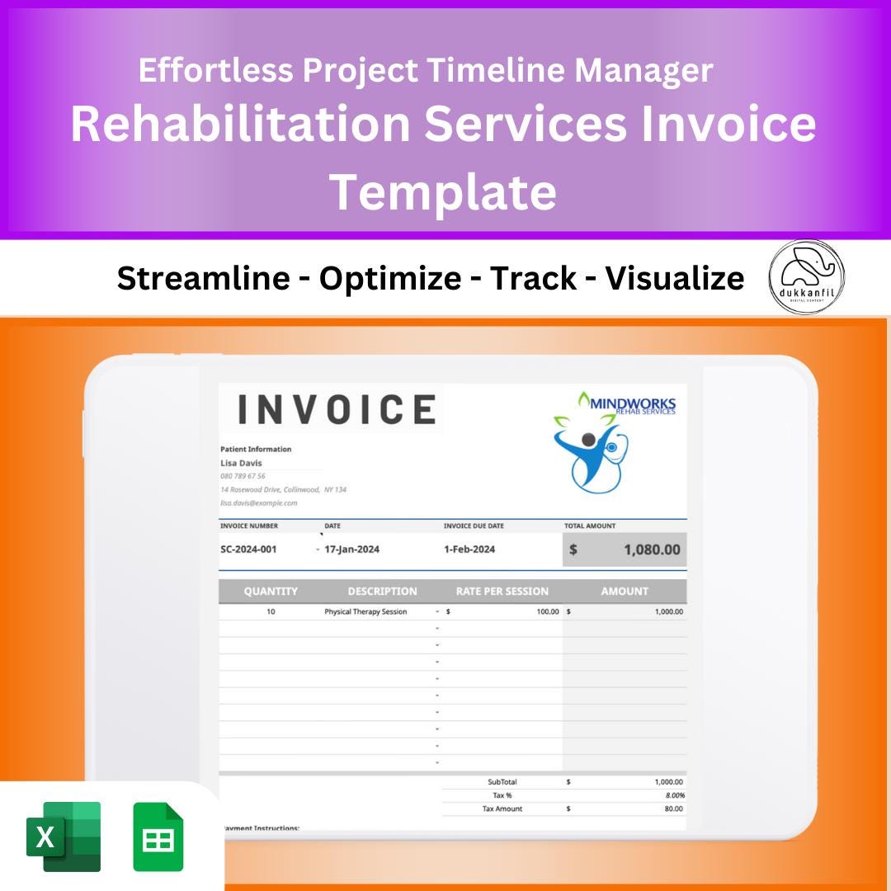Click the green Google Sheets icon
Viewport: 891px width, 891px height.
[158, 837]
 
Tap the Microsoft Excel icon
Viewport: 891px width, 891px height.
[64, 837]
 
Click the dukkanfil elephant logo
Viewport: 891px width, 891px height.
[806, 277]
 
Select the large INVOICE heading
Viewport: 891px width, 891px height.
[337, 409]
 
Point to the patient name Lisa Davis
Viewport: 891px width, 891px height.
[241, 463]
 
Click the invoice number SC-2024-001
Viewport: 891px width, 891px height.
[248, 549]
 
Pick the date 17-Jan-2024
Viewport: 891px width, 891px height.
[352, 549]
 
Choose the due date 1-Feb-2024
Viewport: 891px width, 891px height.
[469, 549]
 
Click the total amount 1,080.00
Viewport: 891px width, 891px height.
[652, 549]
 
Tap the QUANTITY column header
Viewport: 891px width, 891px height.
[271, 591]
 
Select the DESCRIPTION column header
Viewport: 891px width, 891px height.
[382, 591]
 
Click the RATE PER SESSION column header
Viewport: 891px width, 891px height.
[502, 591]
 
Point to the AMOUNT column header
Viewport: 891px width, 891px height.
[625, 591]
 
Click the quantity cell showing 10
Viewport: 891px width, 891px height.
[271, 612]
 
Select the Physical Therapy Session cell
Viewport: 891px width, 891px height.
[365, 612]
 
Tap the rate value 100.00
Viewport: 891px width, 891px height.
[547, 612]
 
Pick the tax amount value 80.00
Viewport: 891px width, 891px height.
[673, 808]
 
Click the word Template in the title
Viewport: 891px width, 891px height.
[443, 191]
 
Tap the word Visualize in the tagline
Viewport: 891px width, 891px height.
[674, 279]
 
